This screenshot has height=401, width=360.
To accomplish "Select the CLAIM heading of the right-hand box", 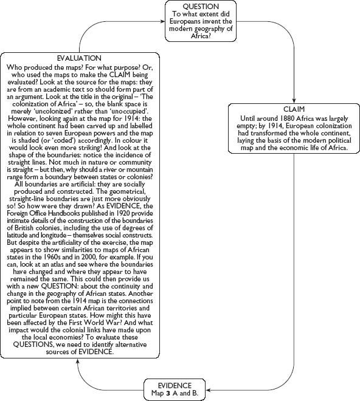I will (294, 109).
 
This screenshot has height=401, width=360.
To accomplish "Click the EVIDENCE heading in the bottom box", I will (175, 385).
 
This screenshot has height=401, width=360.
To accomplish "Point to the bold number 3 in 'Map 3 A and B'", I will (167, 392).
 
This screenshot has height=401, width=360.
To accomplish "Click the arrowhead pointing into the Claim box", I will (294, 101).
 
